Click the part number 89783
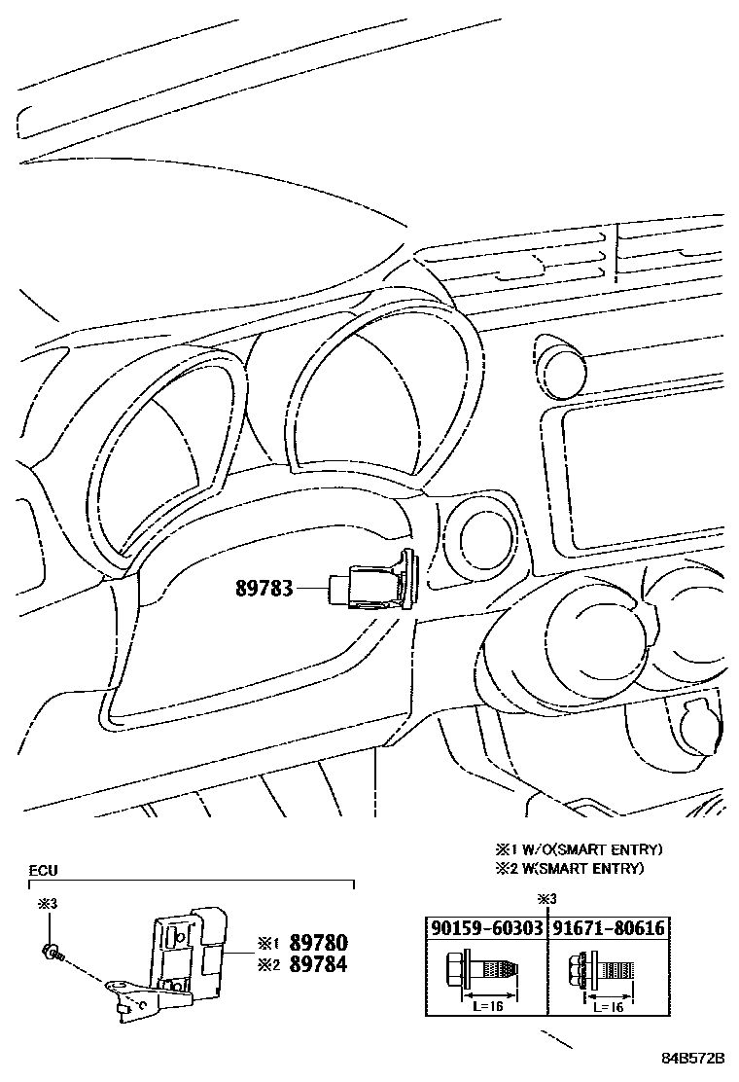(264, 589)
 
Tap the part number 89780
(316, 943)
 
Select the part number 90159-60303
(485, 928)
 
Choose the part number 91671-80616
(609, 928)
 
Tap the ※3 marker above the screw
(48, 905)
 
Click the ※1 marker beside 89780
(268, 943)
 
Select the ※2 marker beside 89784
(268, 964)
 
